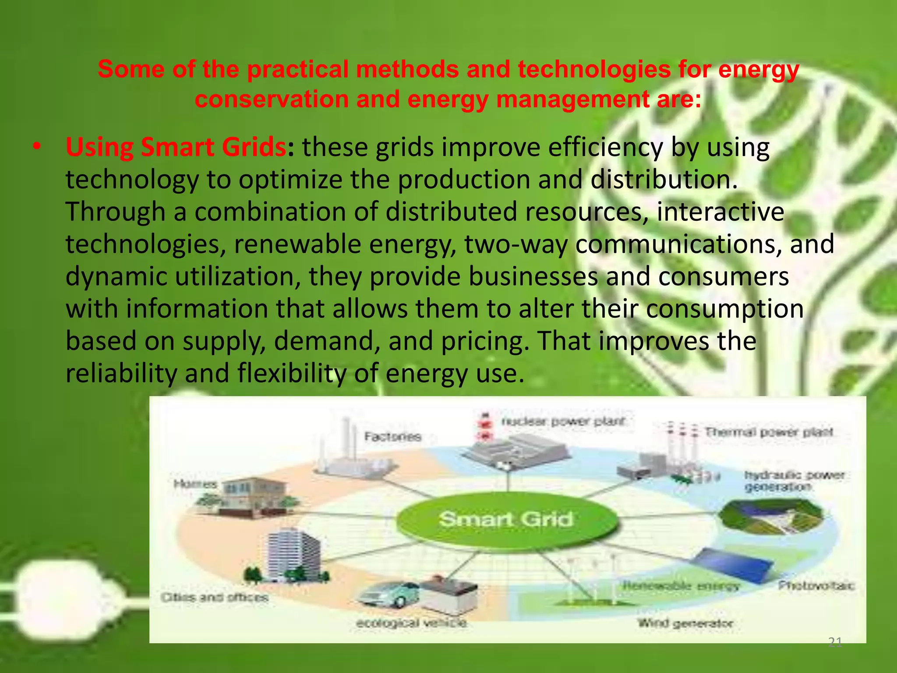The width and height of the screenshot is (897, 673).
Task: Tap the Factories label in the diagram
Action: pos(393,436)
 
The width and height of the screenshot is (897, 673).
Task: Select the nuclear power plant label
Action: pos(563,422)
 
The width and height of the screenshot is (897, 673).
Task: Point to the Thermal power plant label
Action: pos(769,432)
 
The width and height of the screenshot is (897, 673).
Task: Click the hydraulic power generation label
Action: pos(794,481)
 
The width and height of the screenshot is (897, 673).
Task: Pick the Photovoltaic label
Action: pos(816,585)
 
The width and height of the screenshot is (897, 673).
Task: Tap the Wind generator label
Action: pos(685,623)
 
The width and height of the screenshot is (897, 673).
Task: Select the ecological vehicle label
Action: pos(411,623)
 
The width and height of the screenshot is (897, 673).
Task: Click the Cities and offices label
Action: pos(214,597)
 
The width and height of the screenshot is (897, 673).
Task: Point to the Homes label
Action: pos(195,484)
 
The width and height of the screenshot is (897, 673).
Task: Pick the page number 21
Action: pos(835,642)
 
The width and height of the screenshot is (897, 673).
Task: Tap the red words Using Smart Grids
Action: pos(175,147)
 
